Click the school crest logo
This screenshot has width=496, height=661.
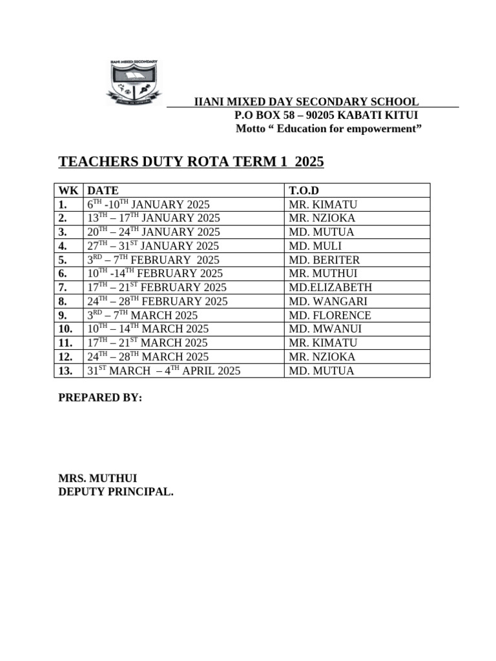tap(135, 81)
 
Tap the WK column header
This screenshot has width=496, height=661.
tap(68, 190)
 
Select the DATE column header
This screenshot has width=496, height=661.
tap(103, 190)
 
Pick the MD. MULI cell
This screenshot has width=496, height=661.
tap(316, 246)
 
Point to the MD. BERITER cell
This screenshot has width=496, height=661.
tap(325, 259)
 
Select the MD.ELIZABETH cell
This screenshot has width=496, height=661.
tap(330, 287)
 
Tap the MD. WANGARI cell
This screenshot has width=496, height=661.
tap(327, 301)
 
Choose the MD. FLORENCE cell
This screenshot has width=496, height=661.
tap(330, 316)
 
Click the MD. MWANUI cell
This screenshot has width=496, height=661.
tap(325, 329)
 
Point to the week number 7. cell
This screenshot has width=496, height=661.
tap(65, 287)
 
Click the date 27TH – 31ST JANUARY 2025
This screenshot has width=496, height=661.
tap(153, 246)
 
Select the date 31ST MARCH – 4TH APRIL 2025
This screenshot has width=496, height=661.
tap(163, 371)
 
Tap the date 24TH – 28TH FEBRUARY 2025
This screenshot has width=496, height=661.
tap(157, 301)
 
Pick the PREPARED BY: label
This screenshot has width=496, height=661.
tap(100, 398)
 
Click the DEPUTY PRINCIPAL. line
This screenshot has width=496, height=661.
tap(116, 492)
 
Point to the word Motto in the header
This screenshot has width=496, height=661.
tap(252, 129)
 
